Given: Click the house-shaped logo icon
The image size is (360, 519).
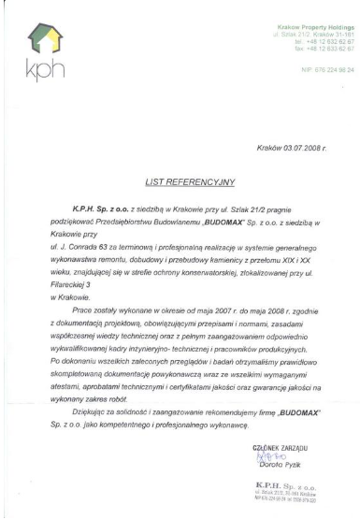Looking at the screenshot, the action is click(38, 39).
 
